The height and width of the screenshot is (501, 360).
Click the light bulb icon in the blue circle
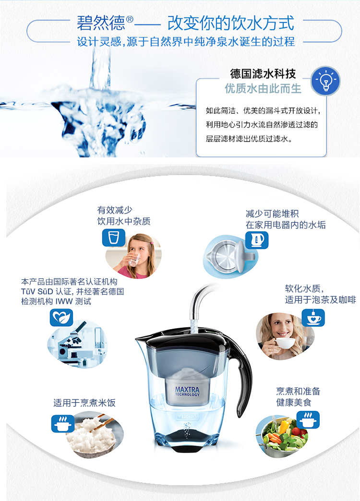point(325,81)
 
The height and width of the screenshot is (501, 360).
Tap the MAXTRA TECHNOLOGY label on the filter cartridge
point(187,392)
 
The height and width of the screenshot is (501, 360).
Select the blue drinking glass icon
point(113,238)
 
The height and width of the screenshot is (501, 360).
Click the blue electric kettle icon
point(257,240)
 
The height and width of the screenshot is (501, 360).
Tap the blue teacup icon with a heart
point(313,318)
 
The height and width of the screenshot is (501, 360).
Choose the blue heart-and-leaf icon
point(61,318)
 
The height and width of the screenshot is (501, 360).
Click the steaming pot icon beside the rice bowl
point(63,423)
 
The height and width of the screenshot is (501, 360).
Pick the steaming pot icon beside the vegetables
point(308,419)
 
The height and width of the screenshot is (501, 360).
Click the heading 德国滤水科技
point(263,74)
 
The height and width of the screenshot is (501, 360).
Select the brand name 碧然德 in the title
point(101,23)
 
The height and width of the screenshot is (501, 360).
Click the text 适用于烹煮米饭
point(84,403)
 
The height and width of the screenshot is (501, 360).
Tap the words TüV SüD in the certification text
point(37,291)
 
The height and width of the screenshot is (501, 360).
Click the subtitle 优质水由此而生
point(263,88)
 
